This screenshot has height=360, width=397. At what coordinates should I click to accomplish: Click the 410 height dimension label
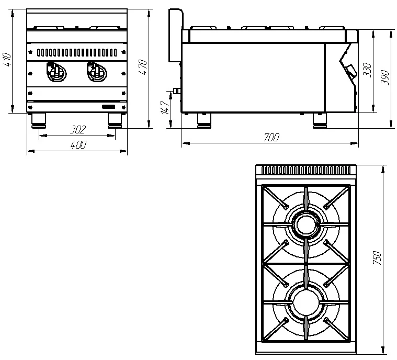pyautogui.click(x=7, y=60)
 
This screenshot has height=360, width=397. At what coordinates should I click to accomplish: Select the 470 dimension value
pyautogui.click(x=143, y=67)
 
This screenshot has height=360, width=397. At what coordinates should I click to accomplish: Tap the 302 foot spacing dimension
pyautogui.click(x=78, y=129)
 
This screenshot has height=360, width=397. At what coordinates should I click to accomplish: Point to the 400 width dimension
pyautogui.click(x=78, y=144)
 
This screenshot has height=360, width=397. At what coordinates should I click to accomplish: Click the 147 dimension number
pyautogui.click(x=165, y=107)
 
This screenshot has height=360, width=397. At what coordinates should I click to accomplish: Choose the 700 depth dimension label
pyautogui.click(x=271, y=137)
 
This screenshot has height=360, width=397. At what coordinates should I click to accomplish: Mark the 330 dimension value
pyautogui.click(x=367, y=70)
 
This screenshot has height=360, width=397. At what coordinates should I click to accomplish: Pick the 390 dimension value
pyautogui.click(x=384, y=77)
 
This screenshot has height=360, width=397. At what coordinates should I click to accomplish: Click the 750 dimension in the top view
pyautogui.click(x=377, y=258)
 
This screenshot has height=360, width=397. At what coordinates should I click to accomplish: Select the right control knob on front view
pyautogui.click(x=96, y=72)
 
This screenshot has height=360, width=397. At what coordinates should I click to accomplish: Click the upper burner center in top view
pyautogui.click(x=306, y=225)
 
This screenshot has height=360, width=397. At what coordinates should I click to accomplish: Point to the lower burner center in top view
pyautogui.click(x=306, y=303)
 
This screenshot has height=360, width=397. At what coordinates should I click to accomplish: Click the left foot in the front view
pyautogui.click(x=39, y=120)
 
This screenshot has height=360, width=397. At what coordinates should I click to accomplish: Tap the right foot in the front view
pyautogui.click(x=115, y=120)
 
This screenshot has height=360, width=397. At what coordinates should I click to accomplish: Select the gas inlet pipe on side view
pyautogui.click(x=176, y=91)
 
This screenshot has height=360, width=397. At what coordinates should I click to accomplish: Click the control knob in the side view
pyautogui.click(x=351, y=70)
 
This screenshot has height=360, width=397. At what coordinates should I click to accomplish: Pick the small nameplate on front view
pyautogui.click(x=109, y=107)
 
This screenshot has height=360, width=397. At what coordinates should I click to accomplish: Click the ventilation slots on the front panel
pyautogui.click(x=77, y=53)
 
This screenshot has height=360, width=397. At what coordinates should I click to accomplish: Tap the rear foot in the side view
pyautogui.click(x=205, y=120)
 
